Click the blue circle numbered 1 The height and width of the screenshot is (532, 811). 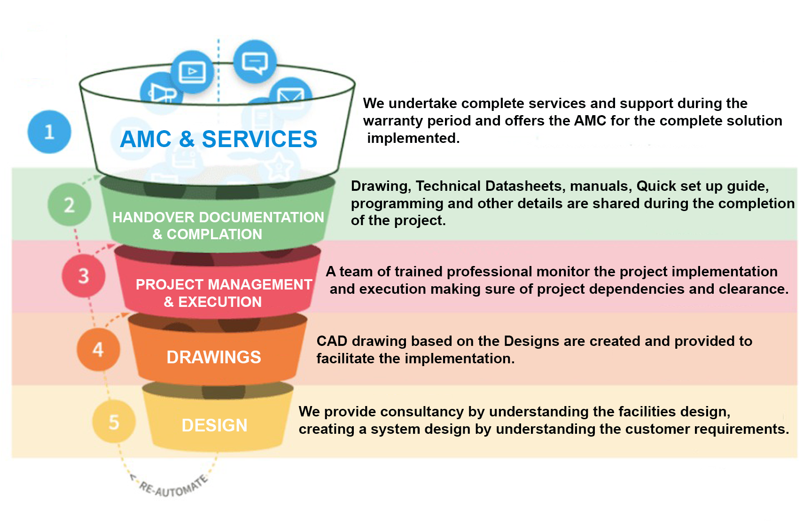tap(49, 132)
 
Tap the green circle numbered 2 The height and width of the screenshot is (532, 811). tap(69, 205)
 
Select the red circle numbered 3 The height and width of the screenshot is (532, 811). tap(84, 275)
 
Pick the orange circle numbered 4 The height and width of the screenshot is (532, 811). tap(98, 349)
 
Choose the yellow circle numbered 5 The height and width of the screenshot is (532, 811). tap(114, 422)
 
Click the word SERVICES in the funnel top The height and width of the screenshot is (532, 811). tap(259, 139)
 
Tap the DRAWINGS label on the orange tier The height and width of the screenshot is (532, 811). tap(214, 357)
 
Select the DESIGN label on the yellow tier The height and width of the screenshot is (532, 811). tap(214, 425)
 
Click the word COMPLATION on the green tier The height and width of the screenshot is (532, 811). tap(214, 234)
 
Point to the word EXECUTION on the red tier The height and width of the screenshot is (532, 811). tap(220, 302)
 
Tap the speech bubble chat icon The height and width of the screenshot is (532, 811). tap(255, 62)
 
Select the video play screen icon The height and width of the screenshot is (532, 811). tap(192, 72)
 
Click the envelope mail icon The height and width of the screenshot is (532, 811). tap(290, 96)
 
